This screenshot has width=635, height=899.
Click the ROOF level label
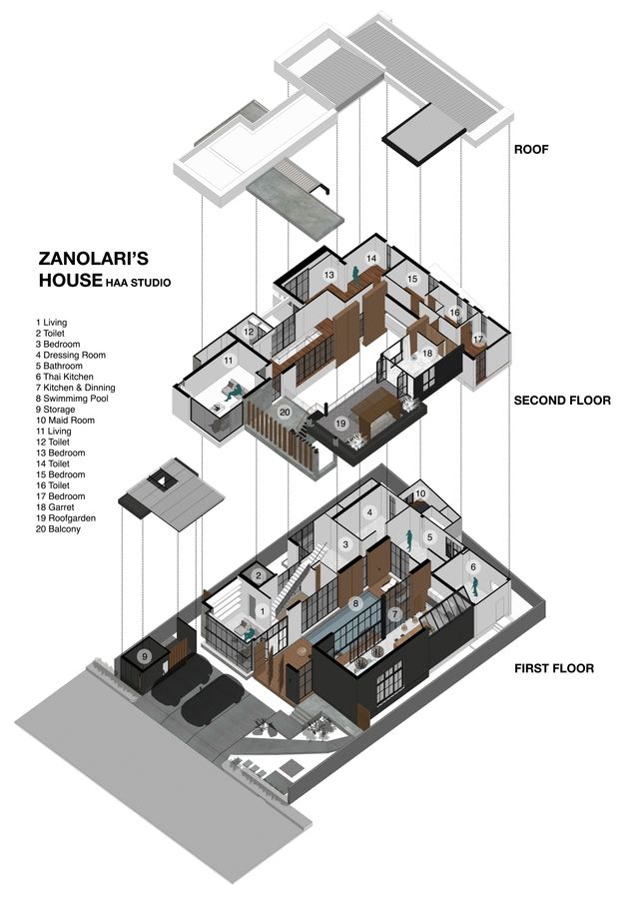click(x=535, y=150)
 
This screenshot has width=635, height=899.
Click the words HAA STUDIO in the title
click(x=137, y=284)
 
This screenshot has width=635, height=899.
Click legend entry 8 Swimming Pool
click(x=78, y=399)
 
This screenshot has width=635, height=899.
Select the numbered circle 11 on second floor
click(x=228, y=361)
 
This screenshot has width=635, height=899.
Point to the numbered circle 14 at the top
click(x=371, y=259)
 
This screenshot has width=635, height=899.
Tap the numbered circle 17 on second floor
click(x=477, y=340)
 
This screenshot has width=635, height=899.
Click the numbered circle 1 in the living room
click(x=264, y=610)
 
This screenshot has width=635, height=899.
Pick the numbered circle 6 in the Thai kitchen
click(x=472, y=567)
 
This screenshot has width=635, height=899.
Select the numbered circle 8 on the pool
click(x=354, y=603)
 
